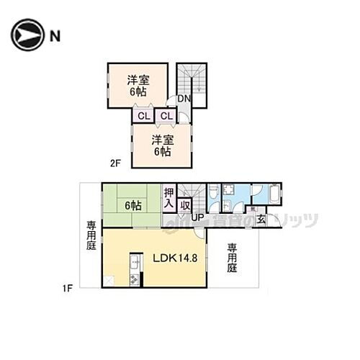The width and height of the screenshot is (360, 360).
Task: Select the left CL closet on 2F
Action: pos(142,116)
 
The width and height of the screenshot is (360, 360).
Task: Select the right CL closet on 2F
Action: pos(166,116)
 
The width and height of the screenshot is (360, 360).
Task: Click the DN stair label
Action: pos(184,99)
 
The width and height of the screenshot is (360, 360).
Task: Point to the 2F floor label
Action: pos(115,163)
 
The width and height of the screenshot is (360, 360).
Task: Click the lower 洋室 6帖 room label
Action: pos(162,146)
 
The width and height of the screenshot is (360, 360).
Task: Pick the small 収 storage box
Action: pos(185,204)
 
